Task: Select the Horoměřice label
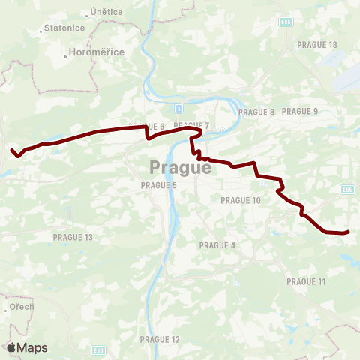(97, 52)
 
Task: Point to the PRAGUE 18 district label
(317, 45)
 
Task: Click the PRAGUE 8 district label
(256, 112)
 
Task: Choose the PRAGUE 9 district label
(300, 112)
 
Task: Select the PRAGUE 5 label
(159, 185)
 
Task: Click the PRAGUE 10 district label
(241, 200)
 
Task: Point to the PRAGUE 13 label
(73, 238)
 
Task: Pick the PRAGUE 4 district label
(217, 245)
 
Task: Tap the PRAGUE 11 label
(306, 281)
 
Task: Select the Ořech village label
(22, 307)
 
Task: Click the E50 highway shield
(99, 349)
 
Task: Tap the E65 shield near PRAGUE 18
(285, 21)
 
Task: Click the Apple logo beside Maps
(11, 347)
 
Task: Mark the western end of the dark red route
(12, 151)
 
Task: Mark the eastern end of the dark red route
(349, 232)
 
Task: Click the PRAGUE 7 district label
(191, 125)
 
